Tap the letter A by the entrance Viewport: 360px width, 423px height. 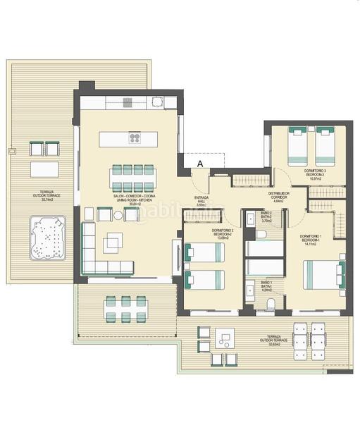[200, 164]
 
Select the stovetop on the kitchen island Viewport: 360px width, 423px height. [135, 138]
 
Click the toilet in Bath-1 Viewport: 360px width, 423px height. [271, 305]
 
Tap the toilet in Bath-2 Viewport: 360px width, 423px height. [261, 234]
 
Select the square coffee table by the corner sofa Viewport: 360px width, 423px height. [113, 243]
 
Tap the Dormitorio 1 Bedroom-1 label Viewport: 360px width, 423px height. [311, 238]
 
